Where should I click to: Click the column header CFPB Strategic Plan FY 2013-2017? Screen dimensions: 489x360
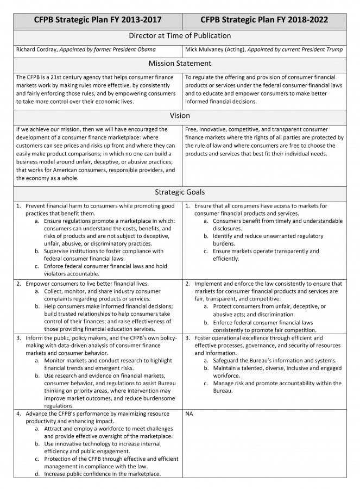point(98,20)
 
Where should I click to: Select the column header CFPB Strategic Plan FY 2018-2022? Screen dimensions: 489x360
point(264,20)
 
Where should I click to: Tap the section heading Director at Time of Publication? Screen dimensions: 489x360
point(180,36)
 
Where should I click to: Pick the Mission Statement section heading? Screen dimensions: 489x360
point(180,64)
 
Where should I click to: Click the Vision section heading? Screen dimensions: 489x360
point(180,116)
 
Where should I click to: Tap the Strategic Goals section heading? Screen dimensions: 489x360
point(180,192)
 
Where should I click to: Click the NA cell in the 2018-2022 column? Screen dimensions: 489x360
point(189,413)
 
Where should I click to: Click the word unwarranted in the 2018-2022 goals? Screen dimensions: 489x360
point(274,236)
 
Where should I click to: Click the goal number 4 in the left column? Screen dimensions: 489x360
point(18,413)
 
